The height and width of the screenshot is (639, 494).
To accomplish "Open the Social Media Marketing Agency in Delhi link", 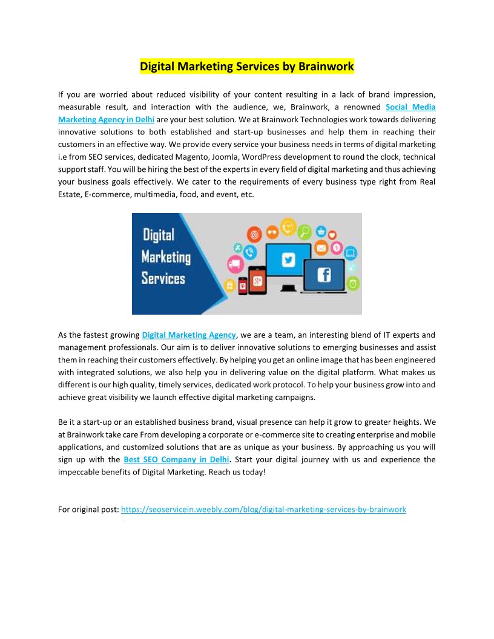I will (410, 107).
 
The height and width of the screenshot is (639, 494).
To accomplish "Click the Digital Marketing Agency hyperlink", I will (189, 335).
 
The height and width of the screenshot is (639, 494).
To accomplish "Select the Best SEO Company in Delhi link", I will (176, 460).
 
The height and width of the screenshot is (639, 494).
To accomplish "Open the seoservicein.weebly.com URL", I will (263, 510).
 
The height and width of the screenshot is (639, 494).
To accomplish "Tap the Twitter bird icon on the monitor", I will (288, 260).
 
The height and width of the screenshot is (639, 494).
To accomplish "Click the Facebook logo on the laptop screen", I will (324, 275).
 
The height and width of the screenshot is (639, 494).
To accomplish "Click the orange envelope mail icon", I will (321, 248).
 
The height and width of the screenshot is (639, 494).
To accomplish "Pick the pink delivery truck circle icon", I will (235, 264).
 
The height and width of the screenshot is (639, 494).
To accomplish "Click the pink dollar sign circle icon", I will (336, 248).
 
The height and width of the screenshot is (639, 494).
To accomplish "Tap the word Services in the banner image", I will (163, 278).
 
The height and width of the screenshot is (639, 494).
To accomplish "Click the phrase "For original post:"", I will (88, 510).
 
